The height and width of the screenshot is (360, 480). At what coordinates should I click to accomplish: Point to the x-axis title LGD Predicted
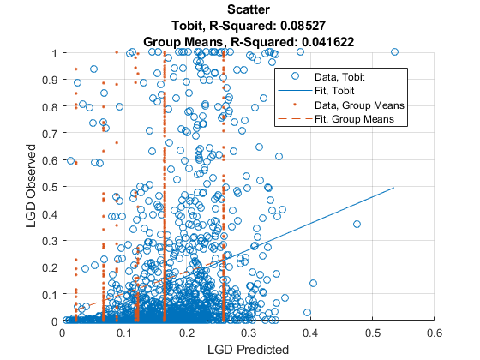(x=248, y=349)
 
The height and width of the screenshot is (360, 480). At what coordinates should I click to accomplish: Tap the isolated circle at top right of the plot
(x=394, y=52)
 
